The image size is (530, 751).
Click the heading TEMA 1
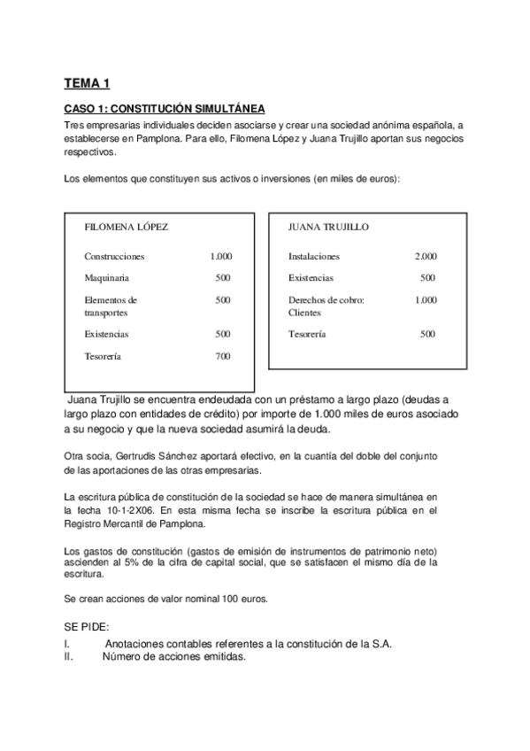pyautogui.click(x=87, y=84)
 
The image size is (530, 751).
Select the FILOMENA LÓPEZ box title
pyautogui.click(x=126, y=227)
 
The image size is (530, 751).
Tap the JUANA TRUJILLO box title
pyautogui.click(x=328, y=227)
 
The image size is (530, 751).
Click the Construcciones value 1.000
pyautogui.click(x=220, y=256)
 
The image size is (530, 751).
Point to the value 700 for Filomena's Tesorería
pyautogui.click(x=222, y=356)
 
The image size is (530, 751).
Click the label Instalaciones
pyautogui.click(x=314, y=256)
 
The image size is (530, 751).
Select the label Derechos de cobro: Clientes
pyautogui.click(x=326, y=306)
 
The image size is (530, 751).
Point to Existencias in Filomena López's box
pyautogui.click(x=106, y=334)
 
